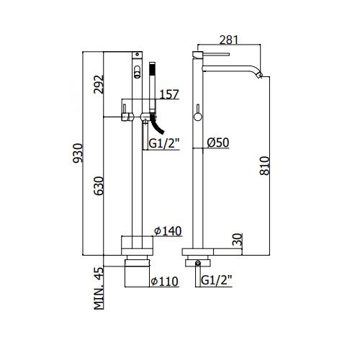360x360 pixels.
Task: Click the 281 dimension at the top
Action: coord(229,40)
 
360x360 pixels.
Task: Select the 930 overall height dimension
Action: coord(78,153)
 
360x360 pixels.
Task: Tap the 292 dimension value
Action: coord(99,84)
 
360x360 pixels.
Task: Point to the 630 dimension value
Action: coord(99,186)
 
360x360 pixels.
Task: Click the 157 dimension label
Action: coord(169,94)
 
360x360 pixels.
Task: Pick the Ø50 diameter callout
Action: coord(218,143)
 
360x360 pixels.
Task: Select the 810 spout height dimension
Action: coord(265,166)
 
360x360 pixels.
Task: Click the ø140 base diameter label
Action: coord(168,231)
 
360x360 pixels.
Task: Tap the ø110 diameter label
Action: coord(164,282)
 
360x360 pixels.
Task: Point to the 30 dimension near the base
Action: coord(238,240)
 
